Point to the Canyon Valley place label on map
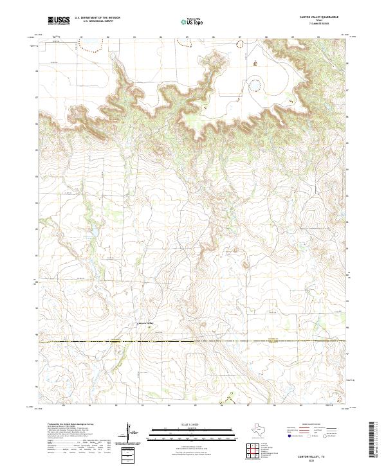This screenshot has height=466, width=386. [147, 322]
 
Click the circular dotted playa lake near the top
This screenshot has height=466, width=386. [256, 85]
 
